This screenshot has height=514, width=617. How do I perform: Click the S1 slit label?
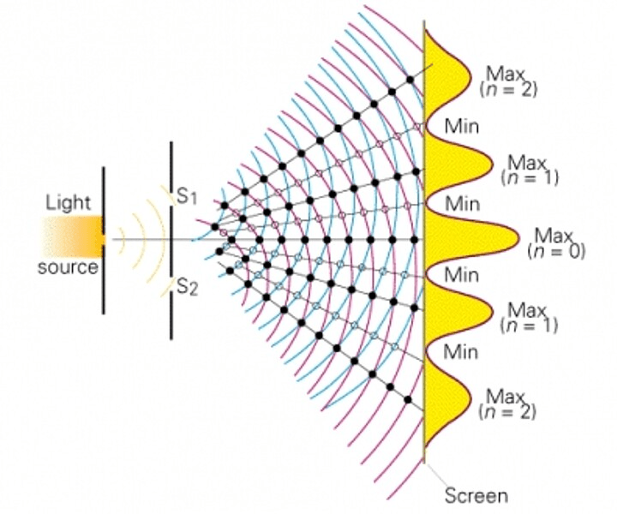187,197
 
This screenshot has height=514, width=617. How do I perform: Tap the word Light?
68,203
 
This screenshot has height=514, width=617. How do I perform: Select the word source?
68,267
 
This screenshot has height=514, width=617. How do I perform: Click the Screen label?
476,495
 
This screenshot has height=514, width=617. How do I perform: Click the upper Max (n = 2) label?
508,81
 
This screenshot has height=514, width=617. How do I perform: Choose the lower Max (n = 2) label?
507,403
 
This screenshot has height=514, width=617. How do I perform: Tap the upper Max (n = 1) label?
530,170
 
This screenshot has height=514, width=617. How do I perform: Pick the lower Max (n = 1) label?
529,318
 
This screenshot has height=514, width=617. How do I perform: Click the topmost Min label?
462,127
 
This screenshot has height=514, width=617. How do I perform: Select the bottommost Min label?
460,352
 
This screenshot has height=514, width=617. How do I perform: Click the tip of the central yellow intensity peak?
519,239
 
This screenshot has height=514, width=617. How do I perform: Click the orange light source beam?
73,236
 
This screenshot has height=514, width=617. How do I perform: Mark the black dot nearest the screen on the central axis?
414,240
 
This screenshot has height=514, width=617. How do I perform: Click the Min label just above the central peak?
463,204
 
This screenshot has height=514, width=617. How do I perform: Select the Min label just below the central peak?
462,275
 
